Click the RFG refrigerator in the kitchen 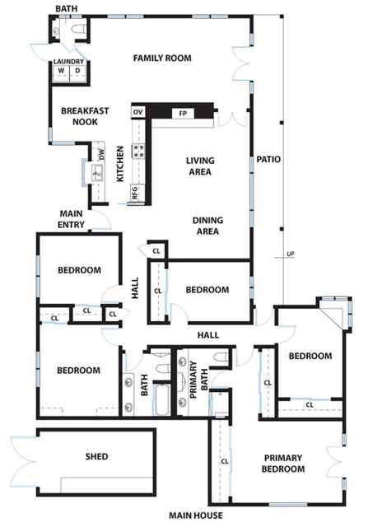point(135,193)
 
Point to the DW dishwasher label point(101,153)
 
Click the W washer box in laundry point(61,71)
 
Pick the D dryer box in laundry point(77,71)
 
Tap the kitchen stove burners point(139,152)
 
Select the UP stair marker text point(290,254)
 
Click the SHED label point(96,456)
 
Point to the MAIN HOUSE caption point(193,516)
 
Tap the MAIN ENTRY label point(72,219)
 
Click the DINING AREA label point(207,226)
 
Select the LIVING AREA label point(199,166)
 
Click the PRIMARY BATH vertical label point(193,380)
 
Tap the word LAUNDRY point(69,62)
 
